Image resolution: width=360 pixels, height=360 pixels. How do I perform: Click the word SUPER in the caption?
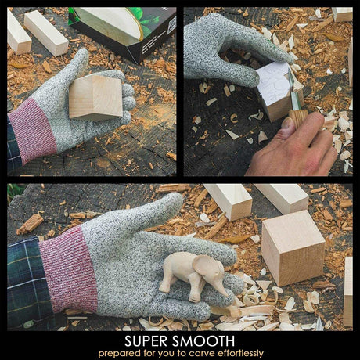tap(146, 341)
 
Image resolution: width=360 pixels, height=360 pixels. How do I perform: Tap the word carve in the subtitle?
tap(202, 354)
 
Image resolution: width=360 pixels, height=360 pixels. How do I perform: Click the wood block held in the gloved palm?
tap(95, 98)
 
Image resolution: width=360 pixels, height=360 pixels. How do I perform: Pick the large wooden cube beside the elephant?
tap(293, 248)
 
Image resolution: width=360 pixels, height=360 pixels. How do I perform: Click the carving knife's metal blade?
tap(293, 90)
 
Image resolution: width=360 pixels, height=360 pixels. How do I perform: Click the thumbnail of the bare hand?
tap(288, 126)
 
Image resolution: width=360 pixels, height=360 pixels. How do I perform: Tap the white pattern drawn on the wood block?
tap(272, 84)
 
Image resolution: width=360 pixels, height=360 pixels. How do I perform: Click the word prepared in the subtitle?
tap(120, 354)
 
